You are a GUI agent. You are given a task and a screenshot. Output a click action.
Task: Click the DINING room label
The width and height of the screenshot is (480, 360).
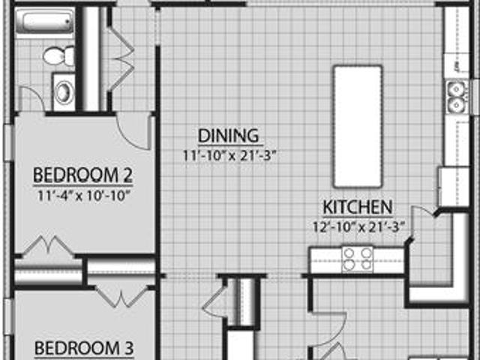pyautogui.click(x=228, y=136)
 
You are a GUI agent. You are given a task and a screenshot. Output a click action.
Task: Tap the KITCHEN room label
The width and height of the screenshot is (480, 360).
pyautogui.click(x=358, y=207)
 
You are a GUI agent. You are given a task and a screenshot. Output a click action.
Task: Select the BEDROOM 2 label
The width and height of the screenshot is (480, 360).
pyautogui.click(x=83, y=175)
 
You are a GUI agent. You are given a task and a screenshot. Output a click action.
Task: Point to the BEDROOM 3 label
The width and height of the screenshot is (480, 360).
pyautogui.click(x=84, y=348)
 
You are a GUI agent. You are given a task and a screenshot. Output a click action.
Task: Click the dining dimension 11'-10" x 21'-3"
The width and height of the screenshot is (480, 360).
pyautogui.click(x=229, y=155)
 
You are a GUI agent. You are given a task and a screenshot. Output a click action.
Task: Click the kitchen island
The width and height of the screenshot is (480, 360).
pyautogui.click(x=358, y=126)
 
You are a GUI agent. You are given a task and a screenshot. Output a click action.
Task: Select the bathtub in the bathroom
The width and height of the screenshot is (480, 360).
pyautogui.click(x=45, y=22)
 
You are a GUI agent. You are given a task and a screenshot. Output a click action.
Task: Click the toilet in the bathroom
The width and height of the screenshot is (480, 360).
pyautogui.click(x=59, y=55)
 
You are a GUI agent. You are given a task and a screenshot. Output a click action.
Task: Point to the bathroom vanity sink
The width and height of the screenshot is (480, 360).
pyautogui.click(x=64, y=92)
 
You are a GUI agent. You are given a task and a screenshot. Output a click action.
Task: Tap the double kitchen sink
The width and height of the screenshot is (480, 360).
pyautogui.click(x=457, y=97)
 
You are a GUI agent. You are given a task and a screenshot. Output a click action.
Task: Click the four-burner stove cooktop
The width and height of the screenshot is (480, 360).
pyautogui.click(x=358, y=259)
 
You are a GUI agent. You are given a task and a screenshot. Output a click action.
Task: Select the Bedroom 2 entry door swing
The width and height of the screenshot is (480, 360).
pyautogui.click(x=133, y=132)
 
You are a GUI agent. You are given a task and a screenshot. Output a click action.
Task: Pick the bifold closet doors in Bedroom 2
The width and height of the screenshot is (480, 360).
pyautogui.click(x=48, y=245)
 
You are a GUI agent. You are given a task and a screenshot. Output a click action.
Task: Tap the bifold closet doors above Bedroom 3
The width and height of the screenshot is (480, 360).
pyautogui.click(x=121, y=296)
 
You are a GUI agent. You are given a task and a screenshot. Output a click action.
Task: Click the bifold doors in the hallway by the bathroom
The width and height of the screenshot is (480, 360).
pyautogui.click(x=121, y=58)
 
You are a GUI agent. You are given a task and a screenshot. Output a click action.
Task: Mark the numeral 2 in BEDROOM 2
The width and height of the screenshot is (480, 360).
pyautogui.click(x=127, y=175)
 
